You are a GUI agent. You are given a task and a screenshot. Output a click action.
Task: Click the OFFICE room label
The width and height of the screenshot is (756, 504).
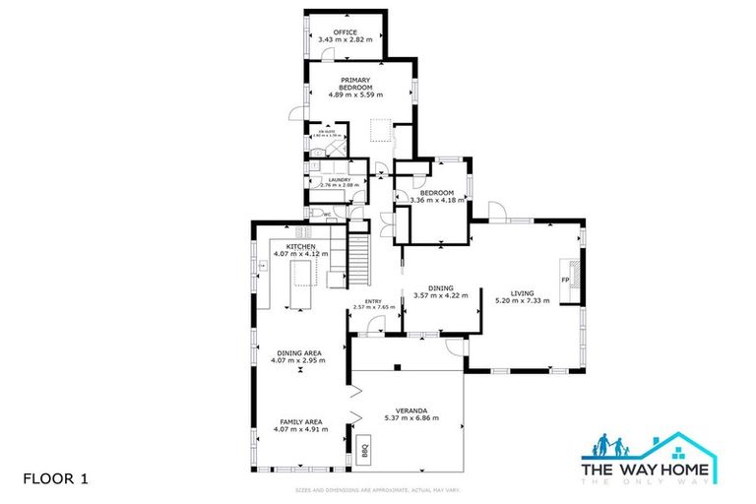click(345, 32)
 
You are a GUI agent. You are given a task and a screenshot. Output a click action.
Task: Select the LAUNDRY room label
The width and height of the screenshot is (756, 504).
click(324, 179)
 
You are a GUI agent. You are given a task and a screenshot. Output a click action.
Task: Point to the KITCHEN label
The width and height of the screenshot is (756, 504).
click(300, 246)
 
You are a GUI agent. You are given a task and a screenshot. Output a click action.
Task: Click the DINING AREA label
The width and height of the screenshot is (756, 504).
click(299, 352)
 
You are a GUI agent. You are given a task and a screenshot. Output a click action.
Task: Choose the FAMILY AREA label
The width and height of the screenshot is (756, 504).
click(299, 421)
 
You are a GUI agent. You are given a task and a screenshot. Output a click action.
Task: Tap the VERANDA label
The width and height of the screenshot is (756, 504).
click(410, 409)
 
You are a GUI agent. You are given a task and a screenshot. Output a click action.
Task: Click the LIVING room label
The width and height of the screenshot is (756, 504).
click(522, 292)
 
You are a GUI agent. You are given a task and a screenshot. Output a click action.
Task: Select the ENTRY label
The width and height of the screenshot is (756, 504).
click(373, 301)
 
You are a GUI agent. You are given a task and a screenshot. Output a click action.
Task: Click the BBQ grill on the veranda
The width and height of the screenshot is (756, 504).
click(363, 451)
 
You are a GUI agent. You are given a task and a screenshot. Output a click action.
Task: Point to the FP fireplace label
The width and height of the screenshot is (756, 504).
click(565, 281)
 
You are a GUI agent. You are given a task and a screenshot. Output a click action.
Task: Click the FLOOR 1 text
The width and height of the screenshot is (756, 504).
click(55, 479)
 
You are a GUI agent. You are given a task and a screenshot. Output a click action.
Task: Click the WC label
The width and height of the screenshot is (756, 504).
click(327, 213)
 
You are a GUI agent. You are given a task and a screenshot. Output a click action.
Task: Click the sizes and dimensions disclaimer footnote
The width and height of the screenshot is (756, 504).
click(377, 489)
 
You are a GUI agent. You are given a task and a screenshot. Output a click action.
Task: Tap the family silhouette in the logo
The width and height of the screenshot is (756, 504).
click(609, 448)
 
